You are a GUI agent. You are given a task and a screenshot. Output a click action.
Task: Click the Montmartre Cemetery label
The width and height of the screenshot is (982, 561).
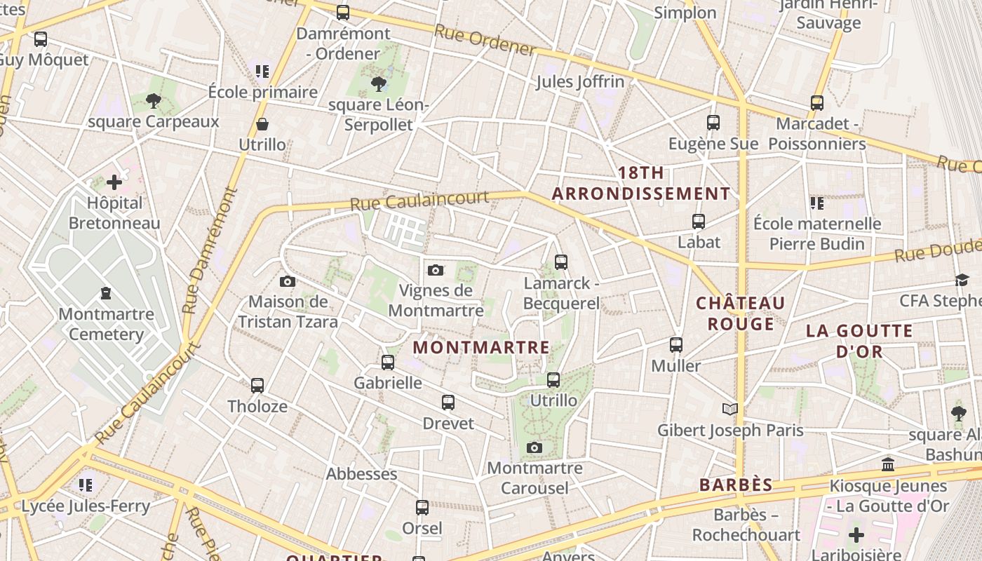point(106,323)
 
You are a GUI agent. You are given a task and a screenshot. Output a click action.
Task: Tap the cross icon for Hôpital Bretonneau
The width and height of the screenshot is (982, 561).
point(114,182)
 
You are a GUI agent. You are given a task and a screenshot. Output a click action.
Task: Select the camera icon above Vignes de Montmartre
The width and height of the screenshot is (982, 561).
point(436,270)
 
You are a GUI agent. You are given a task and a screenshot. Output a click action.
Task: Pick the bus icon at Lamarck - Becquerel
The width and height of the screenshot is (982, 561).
point(561,262)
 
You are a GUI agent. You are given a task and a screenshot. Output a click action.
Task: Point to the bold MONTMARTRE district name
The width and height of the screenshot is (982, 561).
point(481,347)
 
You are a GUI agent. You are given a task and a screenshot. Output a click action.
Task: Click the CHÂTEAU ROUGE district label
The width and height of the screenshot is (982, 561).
point(740,313)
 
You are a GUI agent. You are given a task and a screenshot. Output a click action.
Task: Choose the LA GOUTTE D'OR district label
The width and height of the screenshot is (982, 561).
point(859,341)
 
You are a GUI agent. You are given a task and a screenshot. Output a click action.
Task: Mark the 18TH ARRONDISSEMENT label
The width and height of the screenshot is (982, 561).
point(641,183)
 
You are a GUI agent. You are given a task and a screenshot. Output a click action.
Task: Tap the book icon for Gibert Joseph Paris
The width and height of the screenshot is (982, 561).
point(730,409)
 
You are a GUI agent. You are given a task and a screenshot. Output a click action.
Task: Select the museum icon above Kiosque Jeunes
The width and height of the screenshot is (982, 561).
point(888,464)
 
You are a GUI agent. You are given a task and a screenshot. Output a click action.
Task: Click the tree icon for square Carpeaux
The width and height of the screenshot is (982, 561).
point(154,101)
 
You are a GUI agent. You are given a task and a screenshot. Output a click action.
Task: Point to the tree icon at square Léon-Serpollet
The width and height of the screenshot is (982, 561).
point(379,85)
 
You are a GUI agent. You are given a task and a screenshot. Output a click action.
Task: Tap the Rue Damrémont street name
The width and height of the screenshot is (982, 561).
point(210,249)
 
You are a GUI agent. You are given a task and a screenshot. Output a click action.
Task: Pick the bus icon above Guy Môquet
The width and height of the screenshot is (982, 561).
point(41,39)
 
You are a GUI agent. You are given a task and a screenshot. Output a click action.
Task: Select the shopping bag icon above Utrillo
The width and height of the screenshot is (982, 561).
point(262,125)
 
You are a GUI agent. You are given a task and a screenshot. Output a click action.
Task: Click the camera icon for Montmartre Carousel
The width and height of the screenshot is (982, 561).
point(534,447)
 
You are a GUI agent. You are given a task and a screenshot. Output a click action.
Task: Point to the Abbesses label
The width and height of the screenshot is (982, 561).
point(362,474)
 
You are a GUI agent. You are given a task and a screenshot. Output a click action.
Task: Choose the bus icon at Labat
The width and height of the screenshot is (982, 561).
point(699,222)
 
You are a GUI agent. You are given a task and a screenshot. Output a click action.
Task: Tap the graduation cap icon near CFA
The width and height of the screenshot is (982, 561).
point(962,280)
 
